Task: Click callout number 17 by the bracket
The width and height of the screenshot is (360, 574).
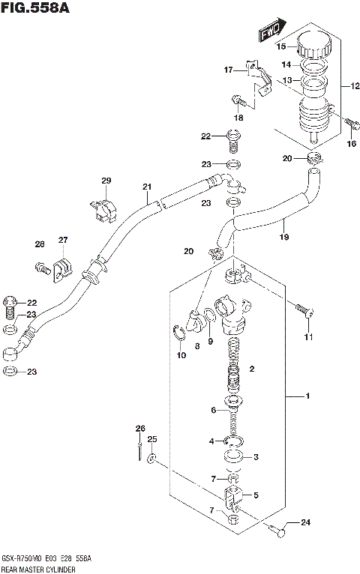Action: (229, 70)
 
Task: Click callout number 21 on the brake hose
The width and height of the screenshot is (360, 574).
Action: (147, 187)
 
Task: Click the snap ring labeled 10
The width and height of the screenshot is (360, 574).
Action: (180, 333)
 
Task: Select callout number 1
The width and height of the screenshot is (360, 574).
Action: (305, 395)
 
